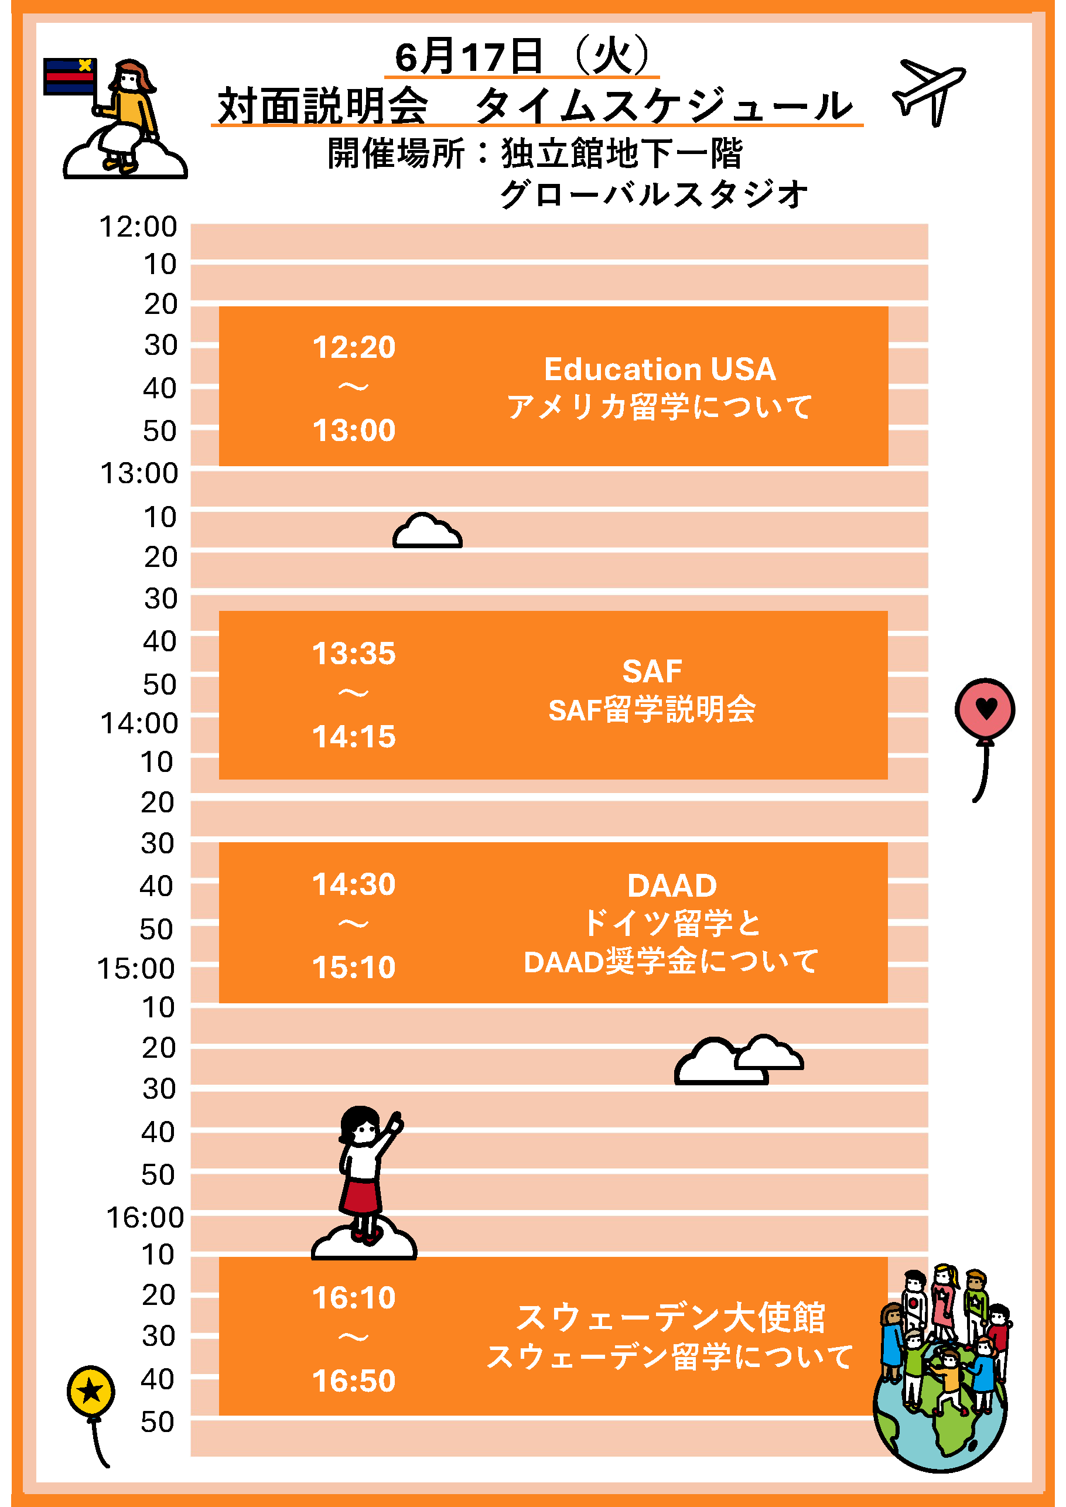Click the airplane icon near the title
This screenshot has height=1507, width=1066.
929,91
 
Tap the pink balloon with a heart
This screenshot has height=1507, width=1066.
985,709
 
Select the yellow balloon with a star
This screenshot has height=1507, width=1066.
91,1391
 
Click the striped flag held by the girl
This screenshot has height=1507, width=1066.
70,77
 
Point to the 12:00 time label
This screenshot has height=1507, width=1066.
138,227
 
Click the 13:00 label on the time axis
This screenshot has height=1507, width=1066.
139,473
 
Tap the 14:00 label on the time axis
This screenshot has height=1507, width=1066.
139,723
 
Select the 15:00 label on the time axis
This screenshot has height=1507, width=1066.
136,969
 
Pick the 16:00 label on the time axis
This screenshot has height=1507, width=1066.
145,1218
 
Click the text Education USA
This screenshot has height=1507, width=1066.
660,370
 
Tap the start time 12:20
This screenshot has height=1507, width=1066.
354,347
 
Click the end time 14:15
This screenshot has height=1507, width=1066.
354,737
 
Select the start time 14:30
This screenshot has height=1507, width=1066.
354,885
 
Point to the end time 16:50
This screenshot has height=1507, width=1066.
354,1381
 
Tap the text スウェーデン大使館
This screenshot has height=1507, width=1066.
670,1318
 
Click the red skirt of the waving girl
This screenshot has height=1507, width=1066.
360,1196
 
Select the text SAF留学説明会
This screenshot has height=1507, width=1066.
652,709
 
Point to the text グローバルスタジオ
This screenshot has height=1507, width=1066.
654,194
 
